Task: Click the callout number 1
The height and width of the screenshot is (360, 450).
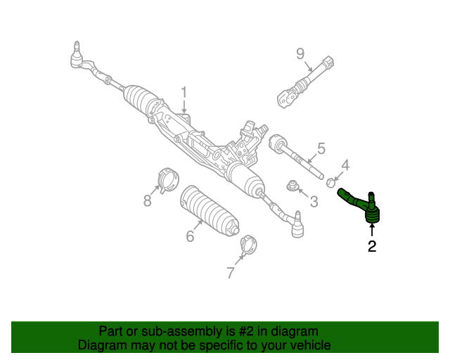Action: pos(184,92)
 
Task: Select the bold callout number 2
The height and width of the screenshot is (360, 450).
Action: pos(371,246)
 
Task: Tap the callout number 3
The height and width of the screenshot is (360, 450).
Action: pos(314,202)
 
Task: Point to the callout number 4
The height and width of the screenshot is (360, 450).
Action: pos(345,165)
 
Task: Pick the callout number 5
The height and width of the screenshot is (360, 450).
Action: pos(321,148)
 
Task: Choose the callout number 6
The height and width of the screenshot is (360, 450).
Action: pos(190,236)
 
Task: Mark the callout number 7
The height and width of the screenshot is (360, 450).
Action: pos(231,273)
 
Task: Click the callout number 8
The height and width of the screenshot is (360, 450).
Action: pos(148,201)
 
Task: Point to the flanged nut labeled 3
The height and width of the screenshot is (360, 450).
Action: pos(292,186)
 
